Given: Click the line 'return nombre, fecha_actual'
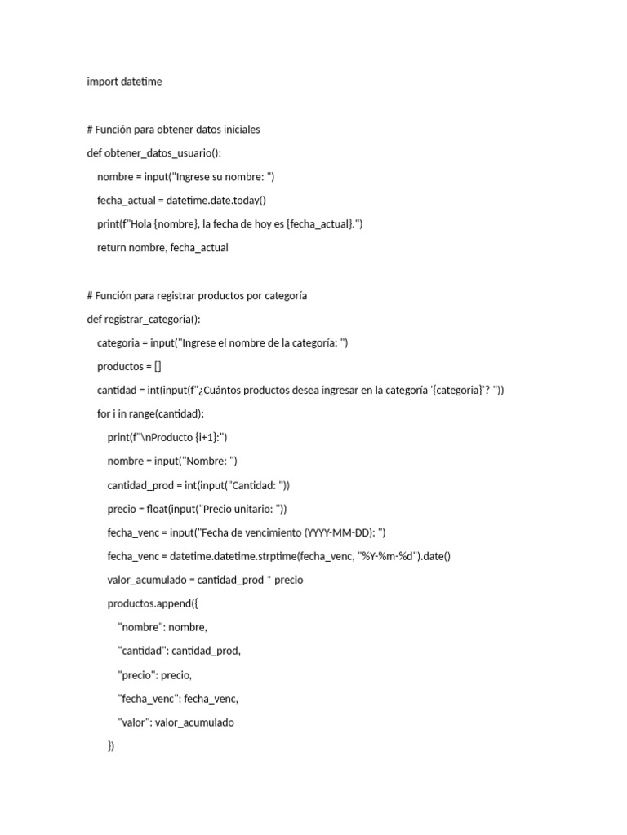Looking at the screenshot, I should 162,247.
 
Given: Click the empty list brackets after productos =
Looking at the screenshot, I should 157,366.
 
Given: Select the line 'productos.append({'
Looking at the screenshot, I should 151,603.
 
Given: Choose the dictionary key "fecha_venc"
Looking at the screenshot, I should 148,698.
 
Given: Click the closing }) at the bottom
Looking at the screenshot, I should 111,745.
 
